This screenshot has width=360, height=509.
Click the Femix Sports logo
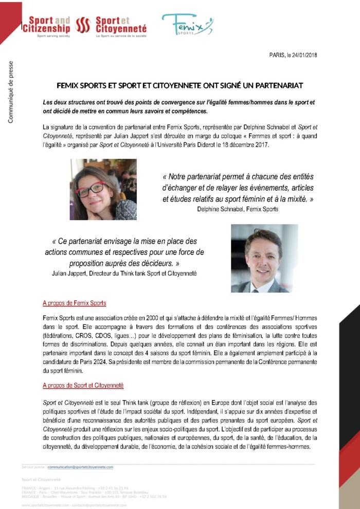point(187,24)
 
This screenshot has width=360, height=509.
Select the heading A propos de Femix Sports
point(74,303)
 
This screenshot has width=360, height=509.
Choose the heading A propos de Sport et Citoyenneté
point(83,385)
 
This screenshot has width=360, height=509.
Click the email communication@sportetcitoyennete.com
point(80,467)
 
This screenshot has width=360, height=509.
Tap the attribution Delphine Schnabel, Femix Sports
point(238,209)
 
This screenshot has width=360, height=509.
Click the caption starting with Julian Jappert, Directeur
point(124,274)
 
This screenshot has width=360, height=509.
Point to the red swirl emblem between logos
point(83,25)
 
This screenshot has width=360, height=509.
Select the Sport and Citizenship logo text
point(46,25)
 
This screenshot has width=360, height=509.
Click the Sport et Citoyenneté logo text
point(121,25)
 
